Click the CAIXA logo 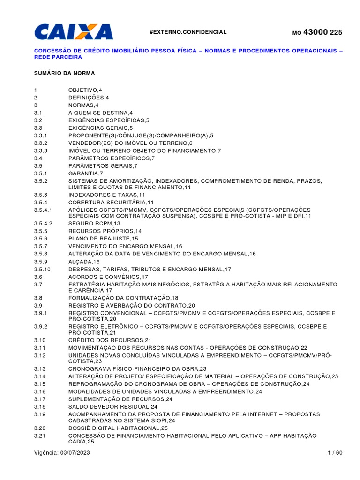click(x=74, y=32)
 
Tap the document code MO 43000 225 click(x=317, y=32)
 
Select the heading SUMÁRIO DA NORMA click(x=64, y=74)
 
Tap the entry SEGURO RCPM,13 click(x=94, y=224)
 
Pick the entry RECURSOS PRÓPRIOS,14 click(x=105, y=231)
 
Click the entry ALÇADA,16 click(x=84, y=262)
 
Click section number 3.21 click(x=39, y=436)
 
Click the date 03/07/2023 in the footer click(x=75, y=452)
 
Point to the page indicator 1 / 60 click(x=335, y=452)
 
